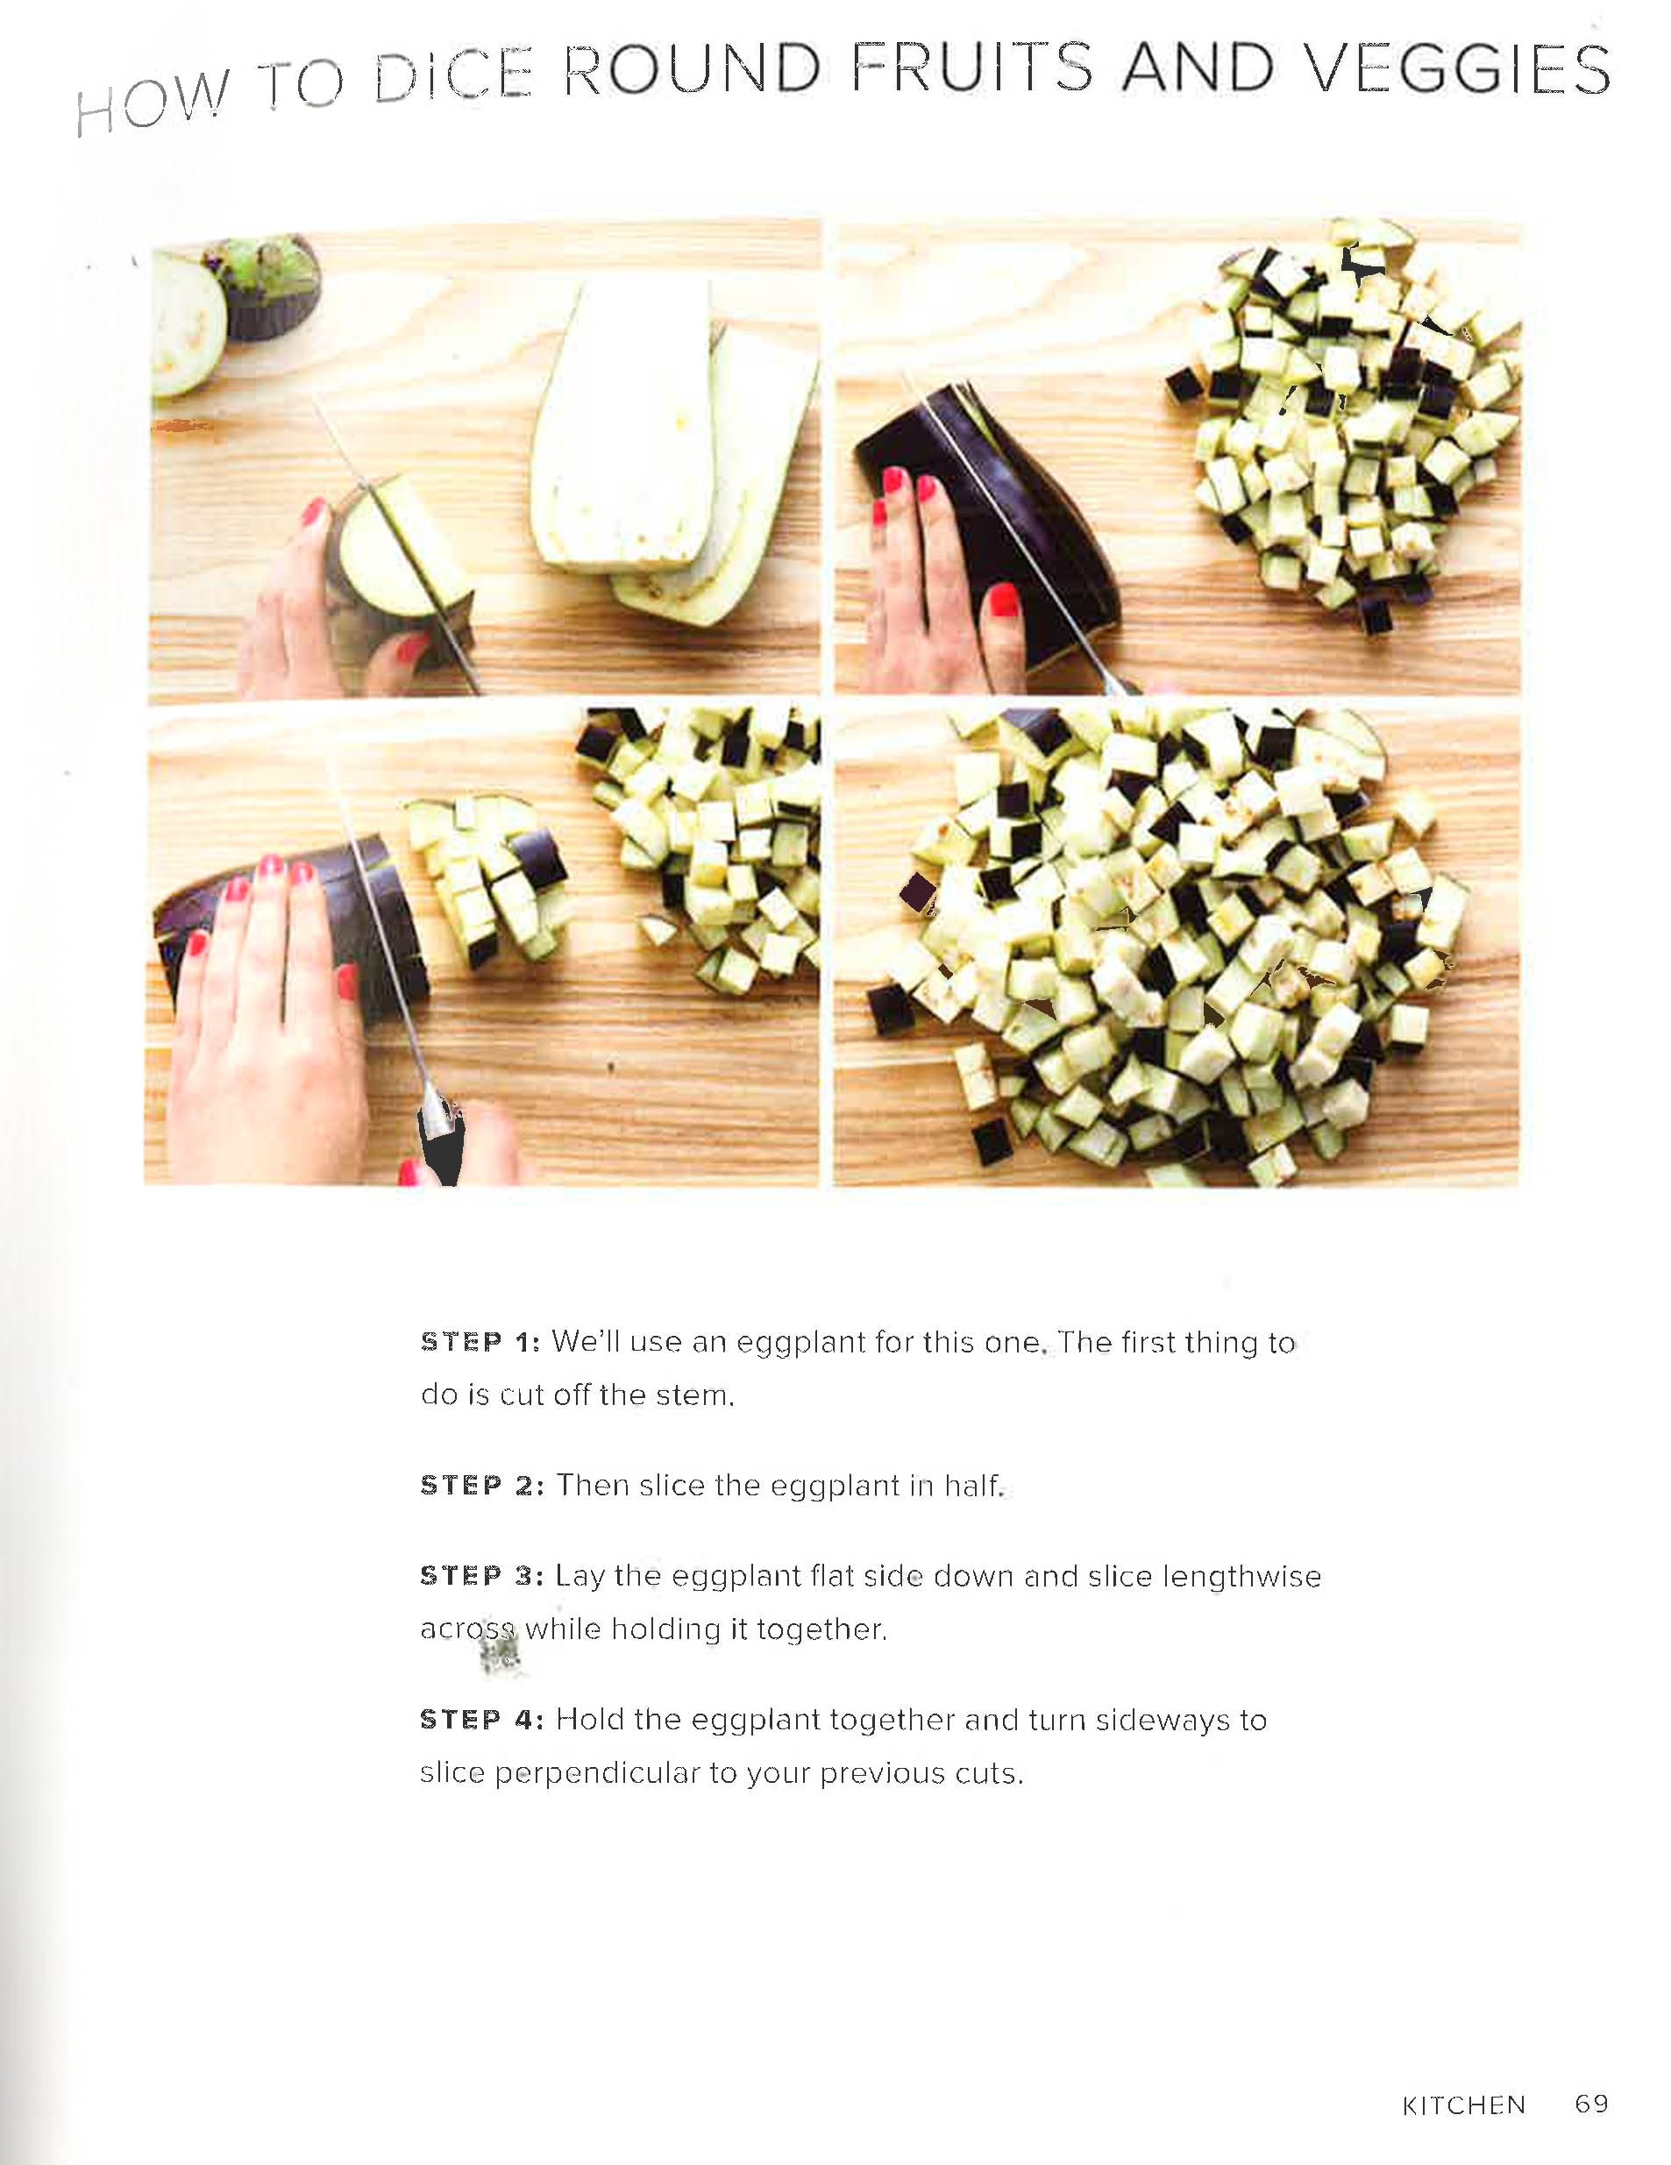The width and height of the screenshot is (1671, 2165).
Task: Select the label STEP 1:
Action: pos(481,1342)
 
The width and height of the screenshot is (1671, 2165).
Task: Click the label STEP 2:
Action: pos(482,1486)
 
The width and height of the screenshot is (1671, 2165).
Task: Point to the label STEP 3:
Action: pos(482,1576)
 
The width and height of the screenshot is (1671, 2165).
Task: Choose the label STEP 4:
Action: pos(482,1720)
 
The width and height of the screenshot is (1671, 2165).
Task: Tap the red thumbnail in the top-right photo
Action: pos(1005,600)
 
